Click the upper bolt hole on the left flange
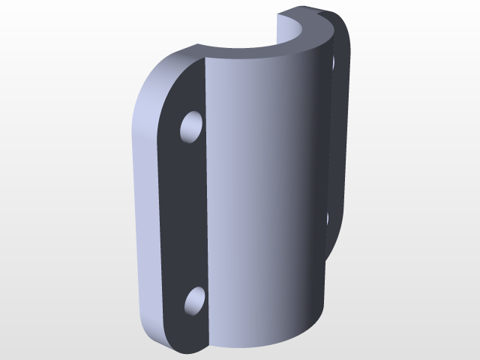[193, 127]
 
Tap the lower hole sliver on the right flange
[327, 218]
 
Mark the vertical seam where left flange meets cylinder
[206, 210]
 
